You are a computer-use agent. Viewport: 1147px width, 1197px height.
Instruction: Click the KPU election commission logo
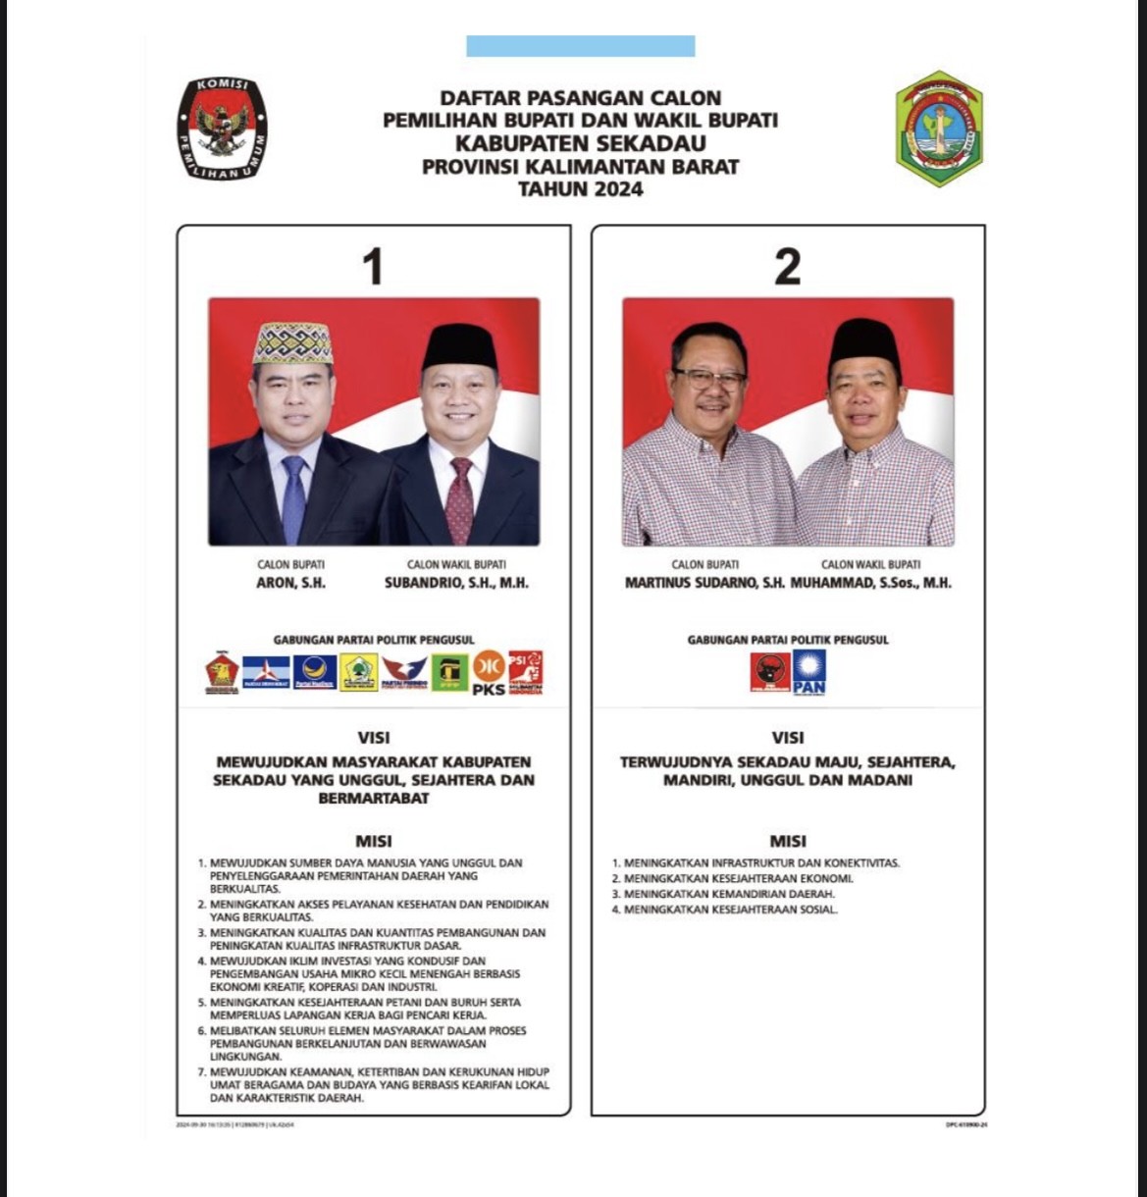[x=223, y=129]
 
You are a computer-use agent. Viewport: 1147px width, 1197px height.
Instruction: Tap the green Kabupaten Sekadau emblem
[x=939, y=128]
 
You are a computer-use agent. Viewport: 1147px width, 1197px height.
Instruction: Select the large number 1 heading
[x=373, y=267]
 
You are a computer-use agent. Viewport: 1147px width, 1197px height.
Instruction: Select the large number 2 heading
[x=787, y=267]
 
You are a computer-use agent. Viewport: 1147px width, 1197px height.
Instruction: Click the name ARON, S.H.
[x=290, y=583]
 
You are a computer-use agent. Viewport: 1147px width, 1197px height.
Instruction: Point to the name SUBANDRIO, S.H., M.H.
[x=456, y=583]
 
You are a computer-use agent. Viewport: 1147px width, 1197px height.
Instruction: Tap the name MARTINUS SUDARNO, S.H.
[x=704, y=583]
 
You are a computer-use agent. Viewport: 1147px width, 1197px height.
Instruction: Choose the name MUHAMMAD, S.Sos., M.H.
[x=870, y=583]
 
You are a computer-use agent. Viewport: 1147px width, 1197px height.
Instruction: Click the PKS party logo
[x=489, y=674]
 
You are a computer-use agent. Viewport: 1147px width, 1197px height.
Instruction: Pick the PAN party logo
[x=808, y=672]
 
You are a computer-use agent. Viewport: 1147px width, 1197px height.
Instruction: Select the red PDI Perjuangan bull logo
[x=770, y=672]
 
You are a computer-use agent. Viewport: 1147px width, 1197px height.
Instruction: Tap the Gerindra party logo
[x=222, y=673]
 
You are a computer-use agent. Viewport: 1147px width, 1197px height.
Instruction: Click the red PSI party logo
[x=525, y=672]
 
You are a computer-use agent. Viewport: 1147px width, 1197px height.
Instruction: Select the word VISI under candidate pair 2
[x=787, y=738]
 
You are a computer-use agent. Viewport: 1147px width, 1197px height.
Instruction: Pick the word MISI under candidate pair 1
[x=373, y=841]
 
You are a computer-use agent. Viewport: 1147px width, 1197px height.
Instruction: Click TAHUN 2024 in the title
[x=580, y=189]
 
